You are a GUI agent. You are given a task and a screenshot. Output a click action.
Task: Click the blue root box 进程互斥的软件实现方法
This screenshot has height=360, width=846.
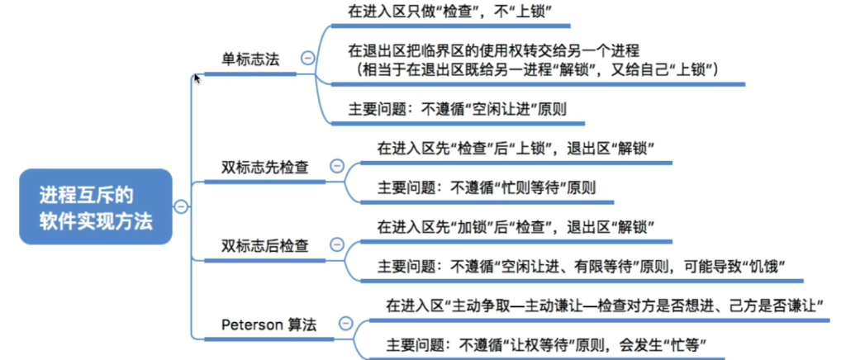coord(96,207)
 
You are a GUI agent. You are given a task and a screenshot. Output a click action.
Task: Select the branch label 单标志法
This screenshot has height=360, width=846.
coord(250,59)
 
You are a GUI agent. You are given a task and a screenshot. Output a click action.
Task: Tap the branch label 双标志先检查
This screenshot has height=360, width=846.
coord(265,166)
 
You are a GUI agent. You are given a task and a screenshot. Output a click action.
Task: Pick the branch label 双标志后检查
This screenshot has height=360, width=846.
coord(265,245)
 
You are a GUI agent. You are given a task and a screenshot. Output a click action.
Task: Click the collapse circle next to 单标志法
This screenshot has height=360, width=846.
coord(307,58)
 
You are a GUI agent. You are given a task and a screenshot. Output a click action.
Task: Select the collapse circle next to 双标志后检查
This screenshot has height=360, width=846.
coord(336,245)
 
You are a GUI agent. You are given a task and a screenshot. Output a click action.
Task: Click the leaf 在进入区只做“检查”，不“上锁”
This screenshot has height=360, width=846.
coord(449,11)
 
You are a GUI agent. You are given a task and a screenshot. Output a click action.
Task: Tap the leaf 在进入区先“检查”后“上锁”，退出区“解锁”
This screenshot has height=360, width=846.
coord(516,149)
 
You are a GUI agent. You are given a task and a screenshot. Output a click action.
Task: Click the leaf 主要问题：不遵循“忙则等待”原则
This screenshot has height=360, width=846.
coord(486,187)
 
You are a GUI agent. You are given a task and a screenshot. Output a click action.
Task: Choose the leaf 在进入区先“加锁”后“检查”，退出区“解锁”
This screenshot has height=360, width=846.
coord(516,226)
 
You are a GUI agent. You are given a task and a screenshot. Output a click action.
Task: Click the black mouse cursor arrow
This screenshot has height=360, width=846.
coord(197,78)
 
